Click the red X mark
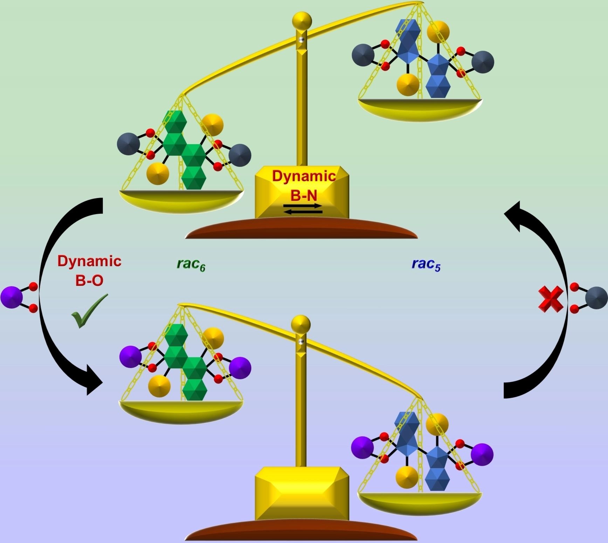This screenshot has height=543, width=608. coord(551,299)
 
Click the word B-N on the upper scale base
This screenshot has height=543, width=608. coord(303,196)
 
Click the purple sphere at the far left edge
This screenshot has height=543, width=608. coord(11,297)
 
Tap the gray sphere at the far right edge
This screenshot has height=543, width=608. coord(596,298)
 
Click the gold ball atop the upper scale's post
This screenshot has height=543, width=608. coord(302,21)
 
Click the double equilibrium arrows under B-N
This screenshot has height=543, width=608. coord(303,209)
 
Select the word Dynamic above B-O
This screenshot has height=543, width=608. coord(89,261)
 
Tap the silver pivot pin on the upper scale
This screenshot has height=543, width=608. coord(300,40)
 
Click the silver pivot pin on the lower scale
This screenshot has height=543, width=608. coord(300,341)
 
